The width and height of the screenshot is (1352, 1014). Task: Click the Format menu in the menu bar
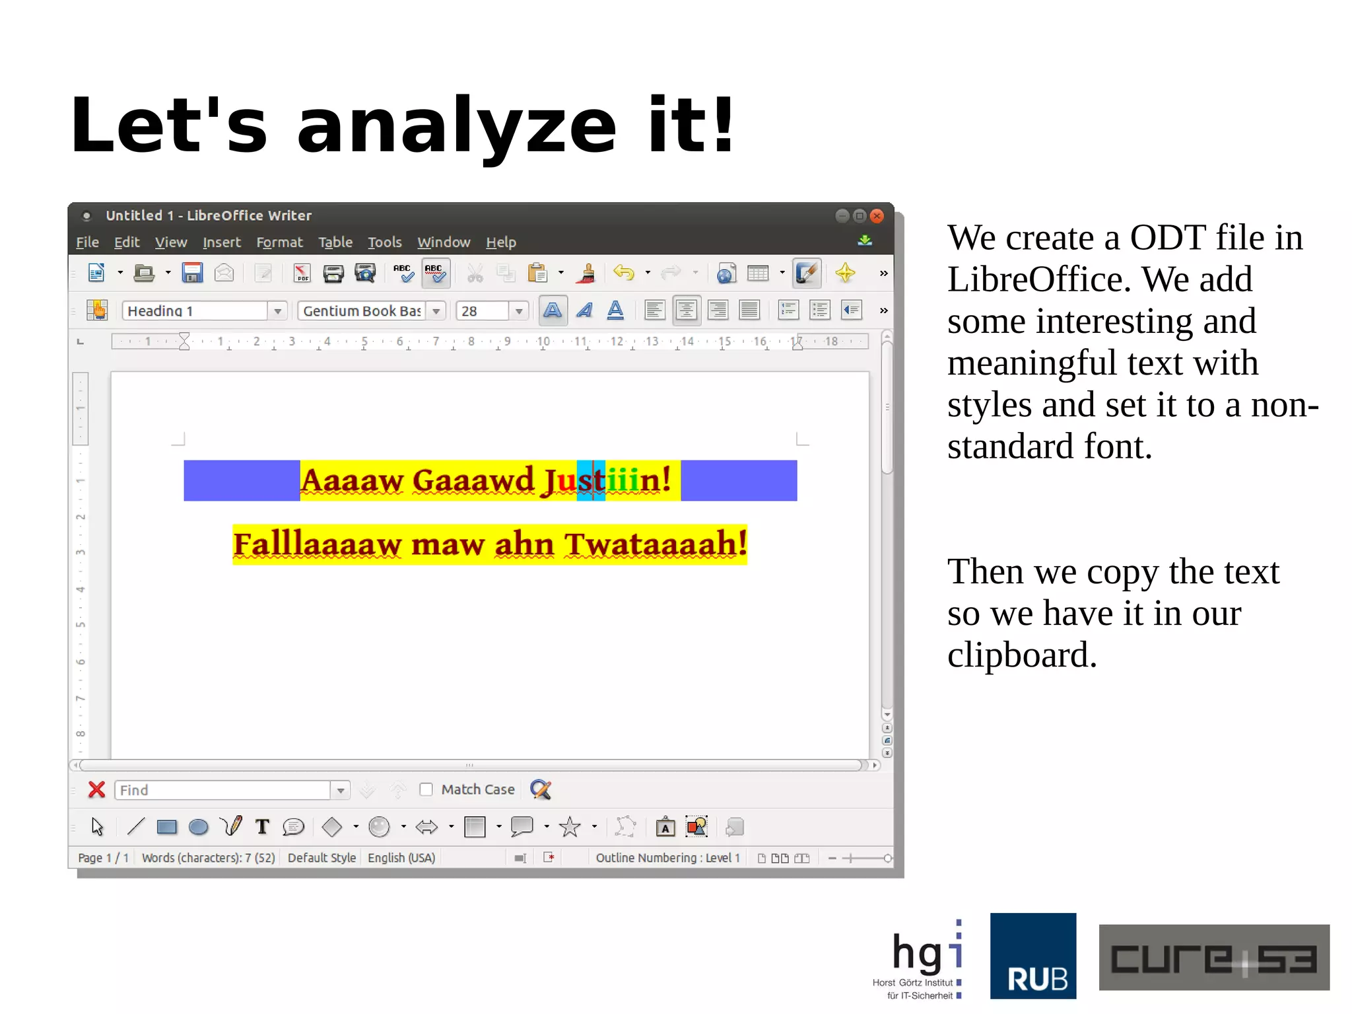pos(279,242)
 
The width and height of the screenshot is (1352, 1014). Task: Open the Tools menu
pos(384,242)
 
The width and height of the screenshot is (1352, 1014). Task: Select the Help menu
pos(500,242)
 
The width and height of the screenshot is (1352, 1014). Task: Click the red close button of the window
pos(877,216)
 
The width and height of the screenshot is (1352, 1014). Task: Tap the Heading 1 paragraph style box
pos(195,310)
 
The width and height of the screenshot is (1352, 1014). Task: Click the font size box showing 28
pos(483,310)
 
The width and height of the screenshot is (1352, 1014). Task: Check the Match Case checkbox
pos(426,789)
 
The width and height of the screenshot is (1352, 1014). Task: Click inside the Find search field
pos(222,790)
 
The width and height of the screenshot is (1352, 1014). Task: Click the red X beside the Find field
pos(97,789)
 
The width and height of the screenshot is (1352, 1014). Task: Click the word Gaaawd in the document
pos(473,480)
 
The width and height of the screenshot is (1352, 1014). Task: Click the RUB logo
pos(1032,955)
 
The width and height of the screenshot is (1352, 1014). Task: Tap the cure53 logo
pos(1213,957)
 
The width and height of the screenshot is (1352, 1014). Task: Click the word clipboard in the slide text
pos(1021,655)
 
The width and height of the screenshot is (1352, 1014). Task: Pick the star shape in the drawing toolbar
pos(570,827)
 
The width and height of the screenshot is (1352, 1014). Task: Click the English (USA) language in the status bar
pos(401,857)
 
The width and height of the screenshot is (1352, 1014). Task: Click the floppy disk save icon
pos(192,273)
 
